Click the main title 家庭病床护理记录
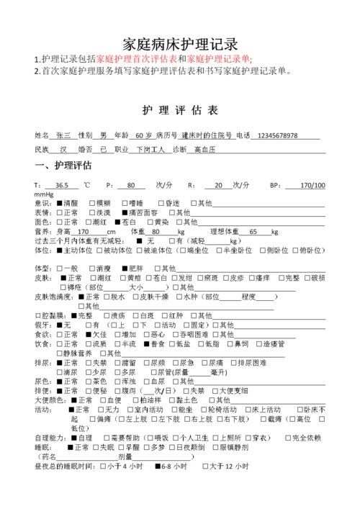pyautogui.click(x=179, y=42)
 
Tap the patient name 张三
pyautogui.click(x=65, y=135)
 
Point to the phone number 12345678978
pyautogui.click(x=277, y=135)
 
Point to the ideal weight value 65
pyautogui.click(x=253, y=232)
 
